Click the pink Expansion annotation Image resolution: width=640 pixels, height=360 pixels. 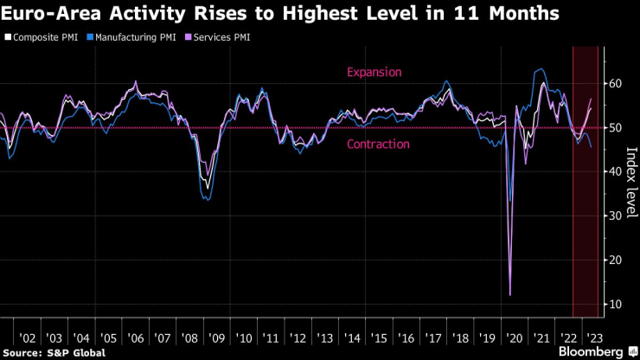pos(374,73)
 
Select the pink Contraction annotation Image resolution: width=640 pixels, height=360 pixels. pos(378,144)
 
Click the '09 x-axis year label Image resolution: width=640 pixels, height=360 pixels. pos(216,338)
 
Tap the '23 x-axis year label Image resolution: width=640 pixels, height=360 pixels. pos(595,338)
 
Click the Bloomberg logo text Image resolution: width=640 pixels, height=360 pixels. pos(590,352)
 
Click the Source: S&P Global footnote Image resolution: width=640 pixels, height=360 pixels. pos(54,353)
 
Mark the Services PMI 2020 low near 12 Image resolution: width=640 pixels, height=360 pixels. pos(509,294)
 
